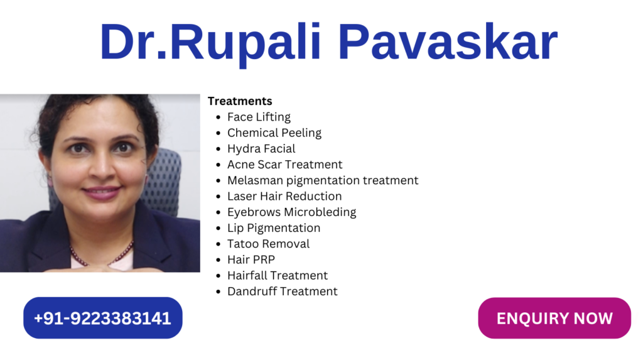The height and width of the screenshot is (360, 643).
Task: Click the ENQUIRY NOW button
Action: [554, 318]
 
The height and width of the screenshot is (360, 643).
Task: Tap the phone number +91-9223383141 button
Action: [102, 318]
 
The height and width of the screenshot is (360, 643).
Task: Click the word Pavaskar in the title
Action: [448, 42]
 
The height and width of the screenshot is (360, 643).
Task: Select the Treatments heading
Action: [240, 101]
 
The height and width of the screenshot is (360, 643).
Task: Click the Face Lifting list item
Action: [259, 117]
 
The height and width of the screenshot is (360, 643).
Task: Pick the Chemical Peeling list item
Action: [274, 133]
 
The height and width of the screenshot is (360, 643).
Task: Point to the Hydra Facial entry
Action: [261, 149]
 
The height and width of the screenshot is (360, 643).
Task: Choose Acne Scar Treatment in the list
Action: [284, 164]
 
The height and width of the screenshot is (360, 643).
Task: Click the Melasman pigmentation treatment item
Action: [323, 180]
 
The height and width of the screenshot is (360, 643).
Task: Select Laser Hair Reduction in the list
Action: [284, 196]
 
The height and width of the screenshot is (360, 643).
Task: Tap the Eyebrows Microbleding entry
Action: [291, 212]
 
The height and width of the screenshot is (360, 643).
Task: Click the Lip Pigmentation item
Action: [274, 228]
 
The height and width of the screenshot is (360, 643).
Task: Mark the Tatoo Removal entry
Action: [269, 244]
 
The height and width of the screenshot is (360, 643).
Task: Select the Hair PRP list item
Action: [251, 260]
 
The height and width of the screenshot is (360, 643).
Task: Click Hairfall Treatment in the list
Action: [278, 275]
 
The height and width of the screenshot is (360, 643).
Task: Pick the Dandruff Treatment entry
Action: [283, 292]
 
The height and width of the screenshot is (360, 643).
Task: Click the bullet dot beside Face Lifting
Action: [218, 118]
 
